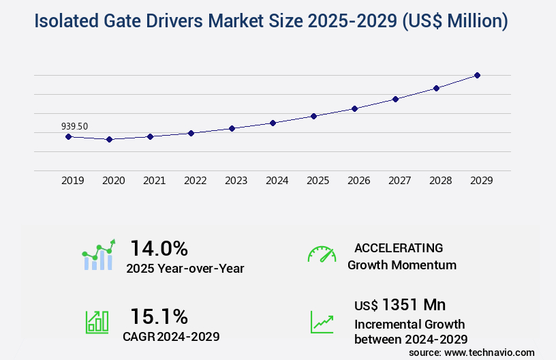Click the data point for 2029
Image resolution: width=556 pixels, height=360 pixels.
[477, 75]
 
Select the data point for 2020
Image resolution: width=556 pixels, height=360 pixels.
[109, 139]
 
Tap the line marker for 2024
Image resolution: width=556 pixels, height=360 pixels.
[273, 123]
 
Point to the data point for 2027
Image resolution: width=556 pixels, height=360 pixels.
[395, 99]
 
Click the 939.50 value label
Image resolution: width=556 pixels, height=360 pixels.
[74, 126]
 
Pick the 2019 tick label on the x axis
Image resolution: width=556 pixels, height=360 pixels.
[73, 181]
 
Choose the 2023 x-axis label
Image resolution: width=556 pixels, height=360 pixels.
[236, 181]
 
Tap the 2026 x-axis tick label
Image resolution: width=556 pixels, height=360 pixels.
[359, 181]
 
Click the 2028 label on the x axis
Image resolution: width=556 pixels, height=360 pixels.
[441, 181]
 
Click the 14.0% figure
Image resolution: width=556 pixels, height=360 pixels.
[159, 248]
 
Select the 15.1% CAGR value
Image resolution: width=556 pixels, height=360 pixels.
[159, 316]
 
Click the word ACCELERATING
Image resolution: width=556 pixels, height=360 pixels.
[399, 248]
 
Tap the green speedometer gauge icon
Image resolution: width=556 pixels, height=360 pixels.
[322, 254]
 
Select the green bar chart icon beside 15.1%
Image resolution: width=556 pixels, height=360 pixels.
[97, 322]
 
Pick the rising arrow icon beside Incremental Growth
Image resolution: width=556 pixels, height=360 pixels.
[322, 322]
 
